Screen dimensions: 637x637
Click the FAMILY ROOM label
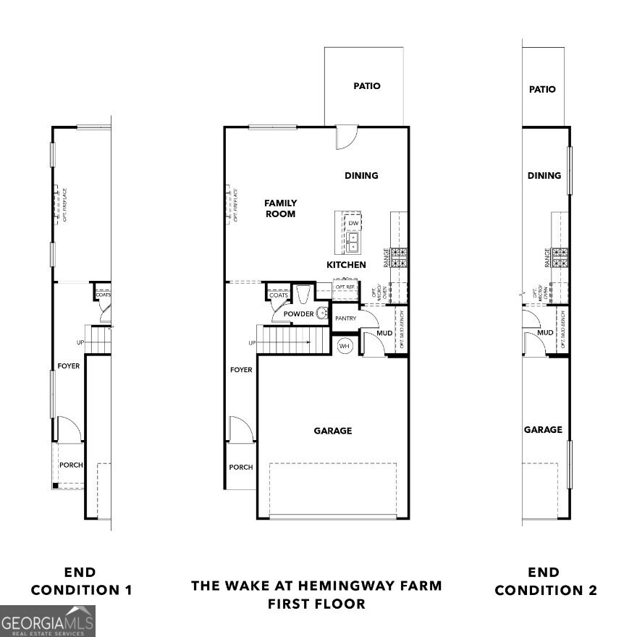[x=280, y=208]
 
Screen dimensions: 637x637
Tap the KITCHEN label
[x=346, y=265]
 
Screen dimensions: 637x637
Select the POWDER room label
[x=299, y=314]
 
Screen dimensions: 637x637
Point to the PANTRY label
[x=345, y=318]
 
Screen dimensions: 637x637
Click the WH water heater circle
[x=345, y=345]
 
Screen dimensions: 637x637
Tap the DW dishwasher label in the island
[x=353, y=223]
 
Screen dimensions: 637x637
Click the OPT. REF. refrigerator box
[x=346, y=287]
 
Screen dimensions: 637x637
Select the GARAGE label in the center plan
[x=332, y=431]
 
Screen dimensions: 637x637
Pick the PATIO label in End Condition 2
[x=542, y=89]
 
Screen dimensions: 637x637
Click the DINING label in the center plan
[x=361, y=175]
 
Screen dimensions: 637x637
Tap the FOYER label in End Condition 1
[x=69, y=366]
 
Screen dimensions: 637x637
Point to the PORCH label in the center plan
[x=241, y=467]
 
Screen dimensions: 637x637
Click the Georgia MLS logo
[x=48, y=621]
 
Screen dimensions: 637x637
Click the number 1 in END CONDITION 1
[x=127, y=590]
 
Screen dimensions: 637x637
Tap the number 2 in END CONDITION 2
[x=592, y=590]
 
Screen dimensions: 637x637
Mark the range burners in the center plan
[x=400, y=256]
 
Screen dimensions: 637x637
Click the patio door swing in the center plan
[x=345, y=138]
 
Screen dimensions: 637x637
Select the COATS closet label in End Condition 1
[x=103, y=295]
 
